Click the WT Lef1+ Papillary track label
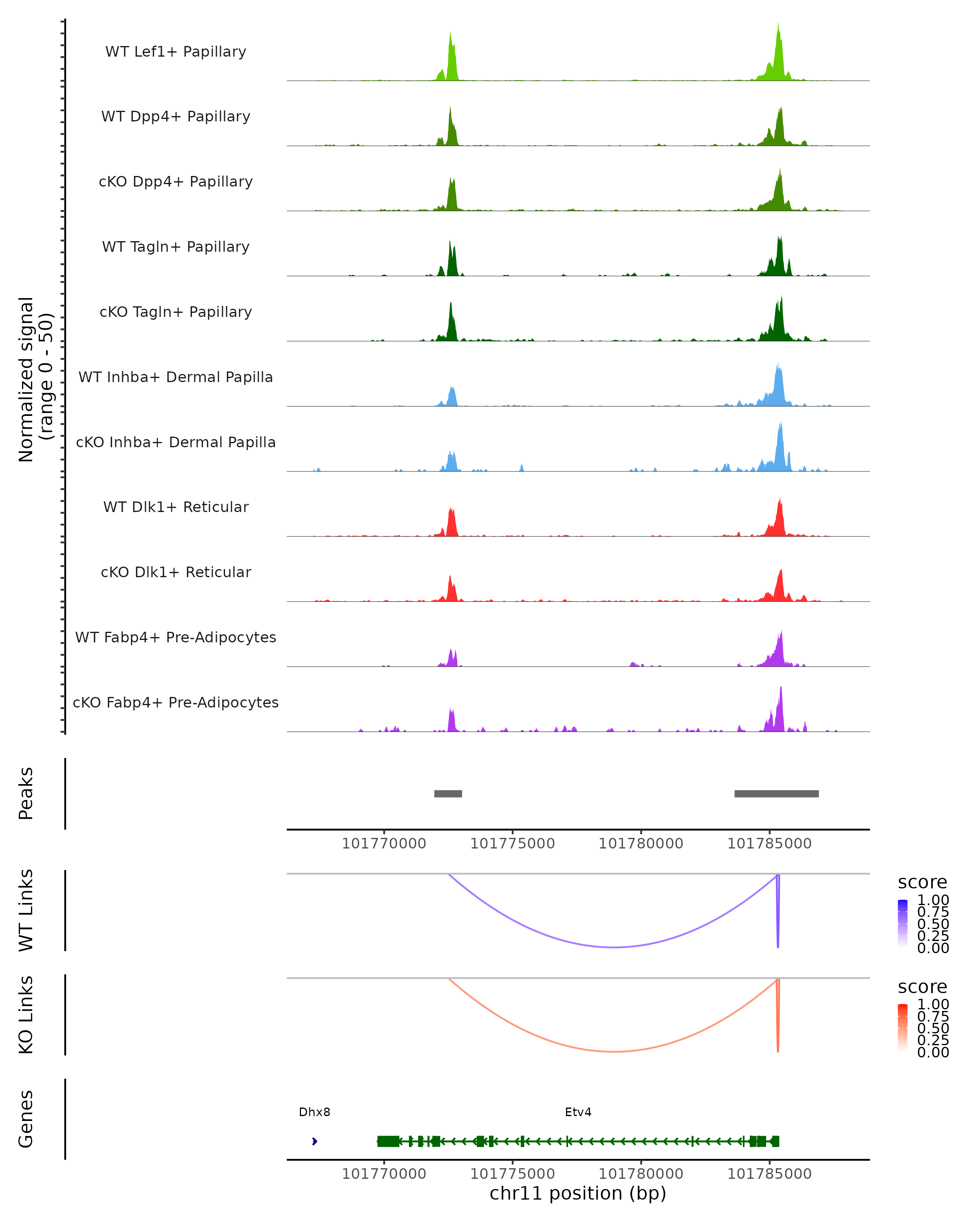pos(176,52)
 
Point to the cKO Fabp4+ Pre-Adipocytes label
pos(176,702)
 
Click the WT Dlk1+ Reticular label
pos(176,507)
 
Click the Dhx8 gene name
pos(314,1112)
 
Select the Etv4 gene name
pos(578,1112)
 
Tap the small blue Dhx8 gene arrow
pos(315,1141)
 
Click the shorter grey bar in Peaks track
pos(448,793)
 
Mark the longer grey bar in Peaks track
pos(776,793)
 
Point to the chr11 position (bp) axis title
pos(578,1193)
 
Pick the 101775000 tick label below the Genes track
pos(513,1174)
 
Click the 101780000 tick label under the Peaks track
pos(641,844)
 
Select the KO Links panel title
pos(26,1015)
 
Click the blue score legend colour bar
pos(903,923)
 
